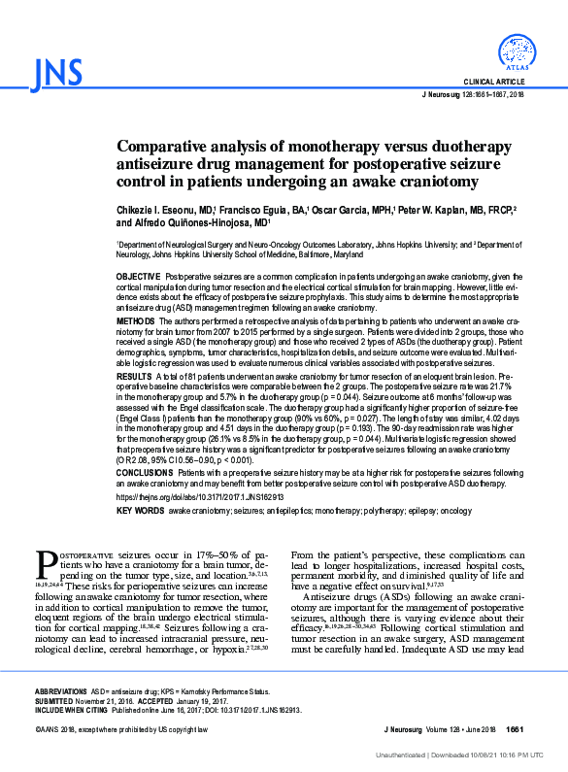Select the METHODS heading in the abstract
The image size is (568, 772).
136,319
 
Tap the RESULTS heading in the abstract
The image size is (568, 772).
134,374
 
